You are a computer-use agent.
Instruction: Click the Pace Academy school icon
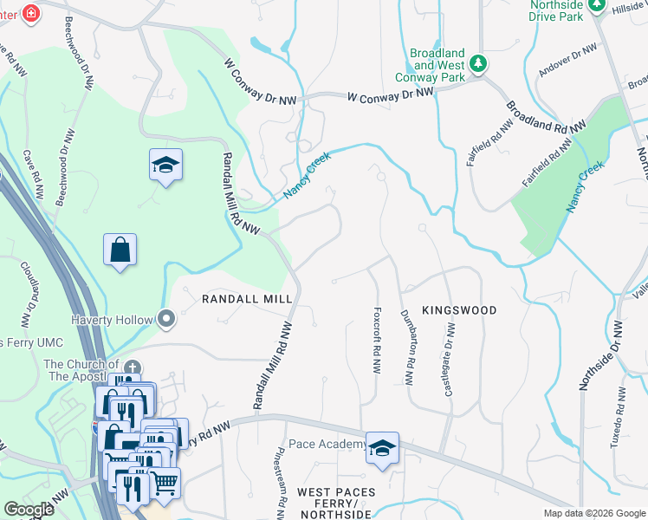[x=381, y=447]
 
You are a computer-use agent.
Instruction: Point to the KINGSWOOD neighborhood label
[x=459, y=309]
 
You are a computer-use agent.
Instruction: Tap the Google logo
[x=29, y=509]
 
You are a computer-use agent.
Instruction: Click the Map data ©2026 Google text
[x=593, y=513]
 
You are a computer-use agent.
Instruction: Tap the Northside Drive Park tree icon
[x=596, y=6]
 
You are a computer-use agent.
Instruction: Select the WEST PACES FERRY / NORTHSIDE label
[x=336, y=504]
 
